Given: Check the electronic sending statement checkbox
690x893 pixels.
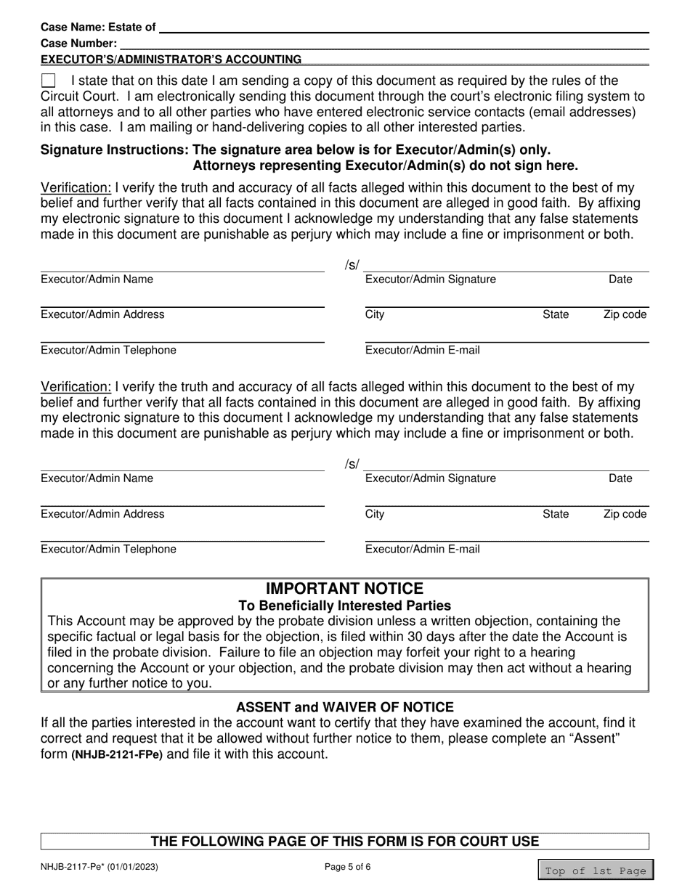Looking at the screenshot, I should (x=48, y=81).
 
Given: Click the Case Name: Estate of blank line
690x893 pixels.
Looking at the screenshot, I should (x=403, y=27).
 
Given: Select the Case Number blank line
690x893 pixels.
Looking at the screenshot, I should (x=383, y=43).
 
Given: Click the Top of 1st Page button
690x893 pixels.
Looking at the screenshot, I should (x=596, y=870).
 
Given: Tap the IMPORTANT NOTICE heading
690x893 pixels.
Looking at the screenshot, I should (x=344, y=588).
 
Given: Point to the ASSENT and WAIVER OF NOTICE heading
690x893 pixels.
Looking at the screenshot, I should (x=344, y=707).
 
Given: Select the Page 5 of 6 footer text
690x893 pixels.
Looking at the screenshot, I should (x=351, y=866).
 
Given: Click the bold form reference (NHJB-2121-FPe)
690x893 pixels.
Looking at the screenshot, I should (x=117, y=754).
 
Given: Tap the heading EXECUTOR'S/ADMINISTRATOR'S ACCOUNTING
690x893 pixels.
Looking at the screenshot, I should (x=171, y=59).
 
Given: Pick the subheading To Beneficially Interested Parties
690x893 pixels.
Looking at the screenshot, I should (x=344, y=605).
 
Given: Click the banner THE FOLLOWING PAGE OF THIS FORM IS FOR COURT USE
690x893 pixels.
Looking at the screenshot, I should (x=344, y=841).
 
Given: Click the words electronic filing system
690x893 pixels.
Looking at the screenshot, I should (x=553, y=96).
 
